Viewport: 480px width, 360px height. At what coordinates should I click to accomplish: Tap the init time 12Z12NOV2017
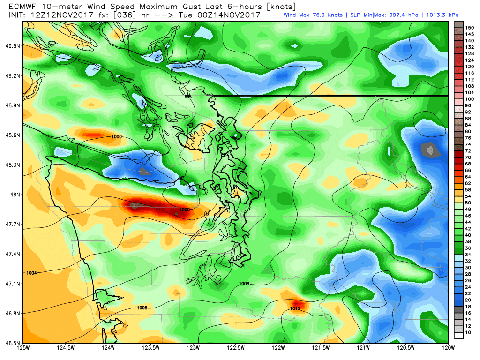(x=56, y=15)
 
